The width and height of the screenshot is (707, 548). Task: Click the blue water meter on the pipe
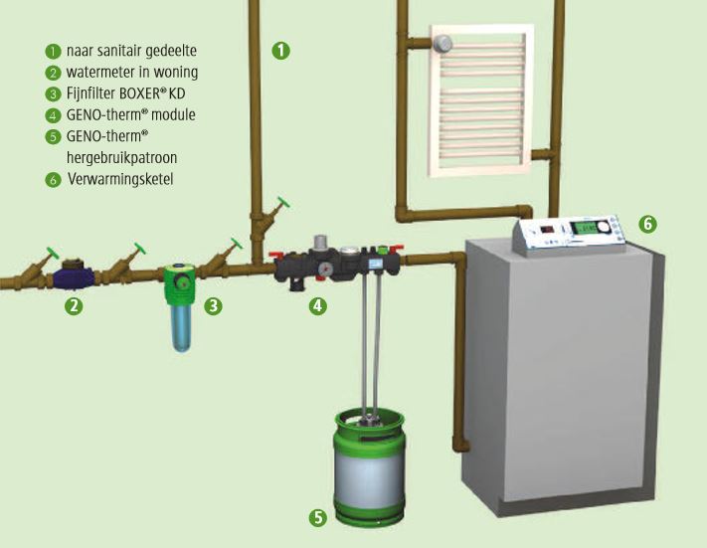pos(74,271)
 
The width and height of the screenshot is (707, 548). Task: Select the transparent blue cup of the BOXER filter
pos(180,327)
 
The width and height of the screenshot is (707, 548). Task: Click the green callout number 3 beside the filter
pos(214,306)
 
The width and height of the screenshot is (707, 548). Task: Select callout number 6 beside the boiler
pos(647,224)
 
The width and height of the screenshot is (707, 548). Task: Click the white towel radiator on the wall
pos(478,99)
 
